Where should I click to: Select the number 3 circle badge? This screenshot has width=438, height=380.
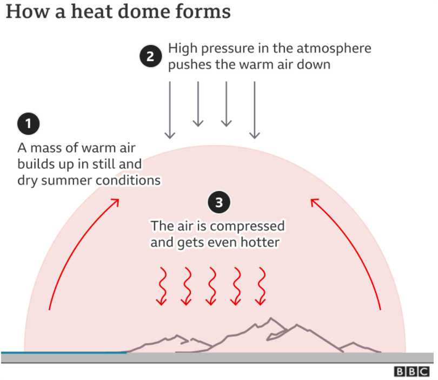[219, 203]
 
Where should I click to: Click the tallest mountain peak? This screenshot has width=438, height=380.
[255, 324]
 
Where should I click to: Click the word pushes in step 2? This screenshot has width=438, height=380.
[190, 65]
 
